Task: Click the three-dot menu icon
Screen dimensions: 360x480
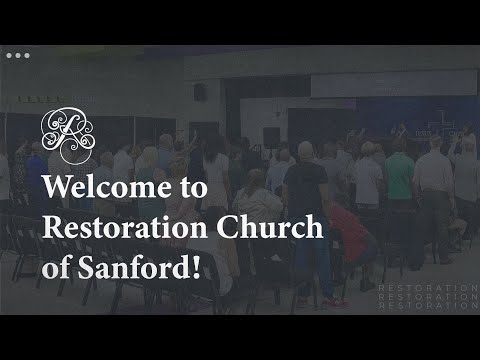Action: coord(18,56)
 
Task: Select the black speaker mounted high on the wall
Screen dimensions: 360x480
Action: coord(199,92)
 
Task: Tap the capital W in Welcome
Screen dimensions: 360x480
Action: coord(57,188)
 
